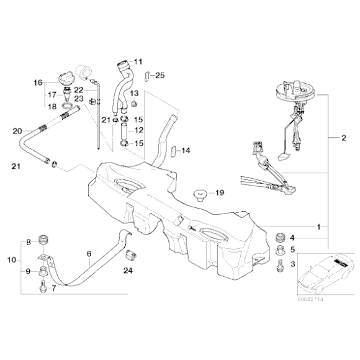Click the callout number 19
(x=220, y=192)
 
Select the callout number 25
(x=160, y=75)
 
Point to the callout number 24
(x=128, y=271)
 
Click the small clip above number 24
(x=130, y=254)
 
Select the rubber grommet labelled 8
(x=43, y=240)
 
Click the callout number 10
(x=12, y=260)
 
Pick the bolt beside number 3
(x=280, y=266)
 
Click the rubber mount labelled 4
(x=280, y=237)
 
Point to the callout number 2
(x=344, y=138)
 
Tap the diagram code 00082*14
(x=310, y=299)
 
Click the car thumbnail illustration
(x=326, y=274)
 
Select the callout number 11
(x=138, y=61)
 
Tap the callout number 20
(x=17, y=132)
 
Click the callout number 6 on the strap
(x=89, y=254)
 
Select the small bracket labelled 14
(x=174, y=151)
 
